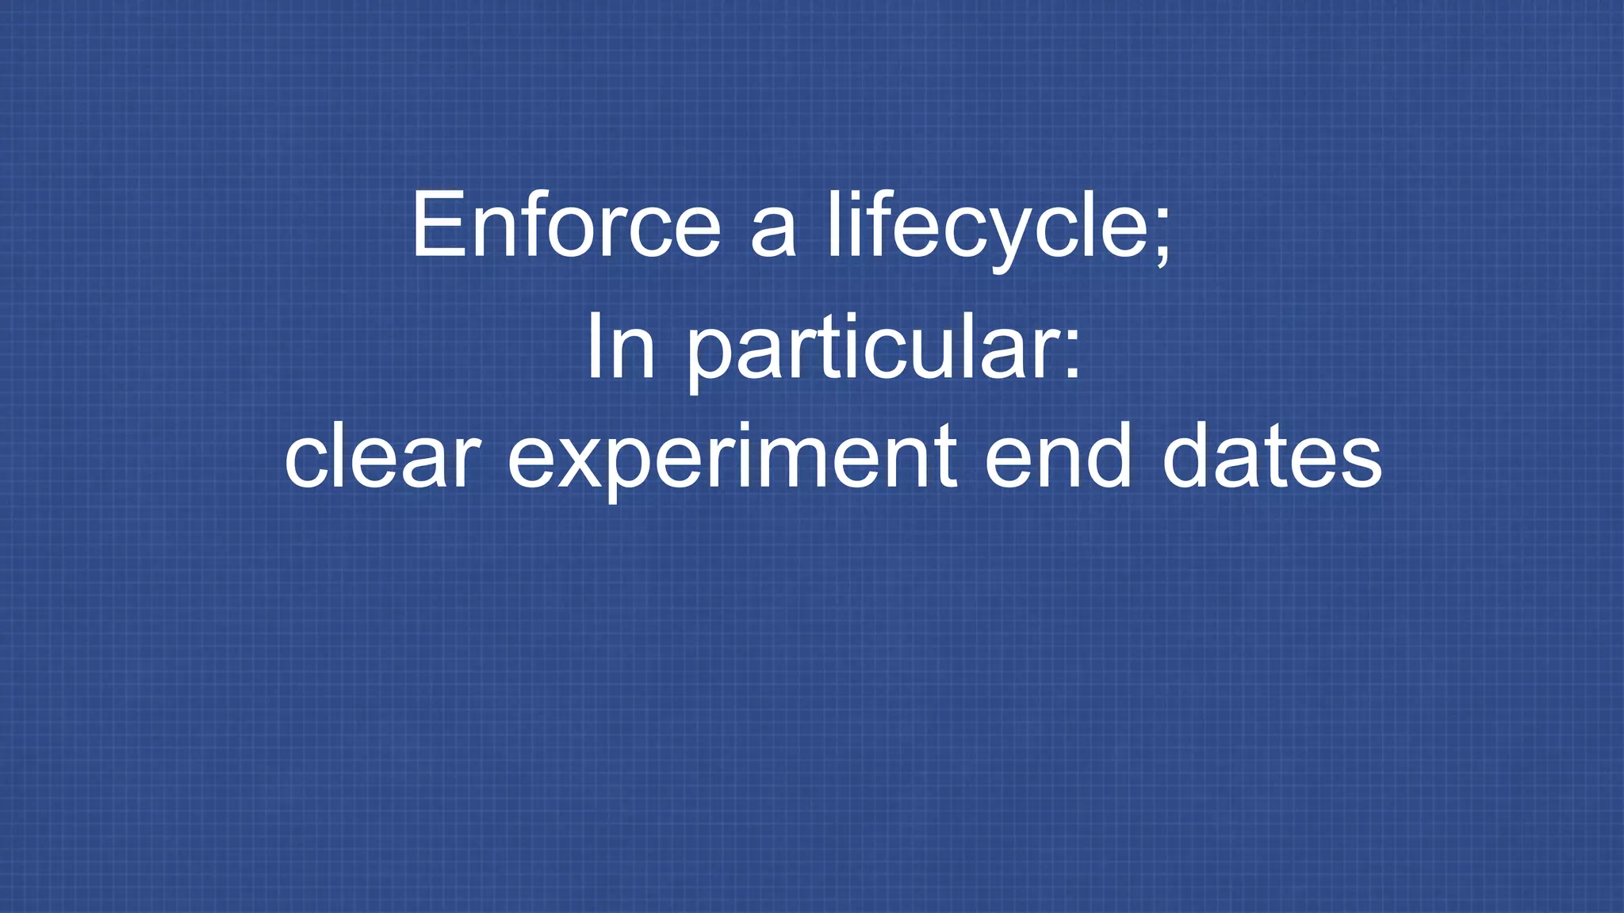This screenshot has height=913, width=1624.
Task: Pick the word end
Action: point(1058,458)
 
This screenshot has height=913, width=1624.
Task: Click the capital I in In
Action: point(592,347)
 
